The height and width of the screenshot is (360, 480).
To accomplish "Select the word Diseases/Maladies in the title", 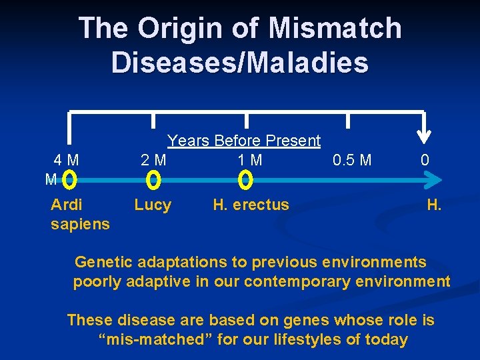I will [x=239, y=62].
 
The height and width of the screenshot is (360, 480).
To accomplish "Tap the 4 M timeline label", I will [x=67, y=161].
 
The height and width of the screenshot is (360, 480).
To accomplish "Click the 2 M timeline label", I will [x=153, y=161].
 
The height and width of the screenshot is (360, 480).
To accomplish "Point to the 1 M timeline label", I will [x=250, y=161].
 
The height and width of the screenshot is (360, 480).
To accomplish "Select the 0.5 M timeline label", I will [x=351, y=161].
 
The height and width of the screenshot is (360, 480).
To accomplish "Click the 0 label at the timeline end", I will [x=425, y=161].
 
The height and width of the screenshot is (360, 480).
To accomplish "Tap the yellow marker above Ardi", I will [x=71, y=180].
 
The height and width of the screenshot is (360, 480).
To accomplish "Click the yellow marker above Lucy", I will [x=153, y=180].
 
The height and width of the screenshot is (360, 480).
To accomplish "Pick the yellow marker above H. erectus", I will [x=245, y=180].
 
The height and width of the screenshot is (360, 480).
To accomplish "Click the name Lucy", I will [x=153, y=205].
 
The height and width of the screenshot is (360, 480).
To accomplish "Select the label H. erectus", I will [x=251, y=205].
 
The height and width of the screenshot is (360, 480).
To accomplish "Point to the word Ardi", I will [x=67, y=205].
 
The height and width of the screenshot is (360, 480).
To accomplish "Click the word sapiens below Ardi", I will [x=80, y=224].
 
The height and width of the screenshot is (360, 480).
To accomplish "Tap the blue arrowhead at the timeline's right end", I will [x=433, y=180].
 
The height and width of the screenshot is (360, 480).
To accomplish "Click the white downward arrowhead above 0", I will [x=424, y=137].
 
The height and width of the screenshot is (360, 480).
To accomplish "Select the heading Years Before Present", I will [x=244, y=141].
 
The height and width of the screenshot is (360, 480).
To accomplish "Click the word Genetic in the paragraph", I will [x=103, y=262].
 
